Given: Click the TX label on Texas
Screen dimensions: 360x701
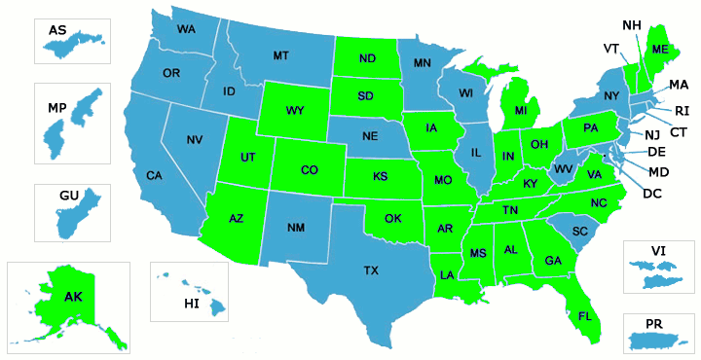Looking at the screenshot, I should (371, 270).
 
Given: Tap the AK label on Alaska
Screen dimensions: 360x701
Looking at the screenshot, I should (74, 297).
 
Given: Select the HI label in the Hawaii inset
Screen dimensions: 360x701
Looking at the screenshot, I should (191, 305).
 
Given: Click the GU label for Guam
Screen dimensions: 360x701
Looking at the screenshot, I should (68, 196).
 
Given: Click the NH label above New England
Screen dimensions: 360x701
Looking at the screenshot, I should (631, 24).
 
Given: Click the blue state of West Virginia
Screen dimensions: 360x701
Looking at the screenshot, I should (563, 167).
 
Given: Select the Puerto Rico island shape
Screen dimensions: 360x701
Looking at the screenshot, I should (657, 341).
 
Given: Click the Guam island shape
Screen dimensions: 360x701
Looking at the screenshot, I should (69, 219).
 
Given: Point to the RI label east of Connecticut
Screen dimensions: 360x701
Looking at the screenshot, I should (682, 111).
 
